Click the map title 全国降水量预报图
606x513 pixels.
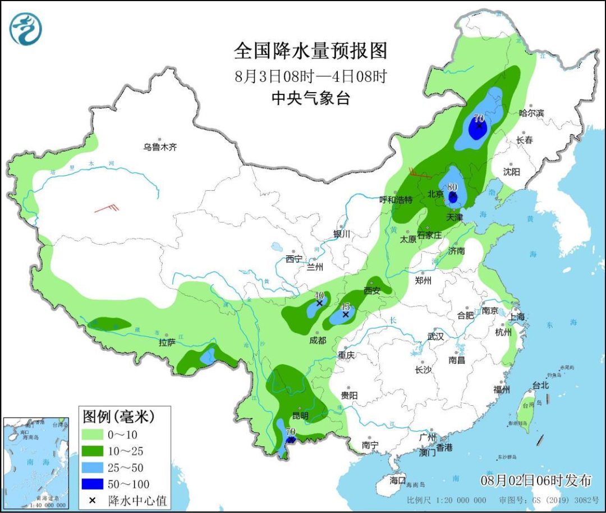[310, 51]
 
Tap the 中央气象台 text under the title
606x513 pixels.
[310, 99]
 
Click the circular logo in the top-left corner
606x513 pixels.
[26, 29]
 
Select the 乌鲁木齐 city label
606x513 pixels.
[160, 148]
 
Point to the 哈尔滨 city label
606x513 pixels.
[531, 113]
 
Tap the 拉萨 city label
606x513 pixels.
[167, 342]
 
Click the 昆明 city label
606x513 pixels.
[300, 416]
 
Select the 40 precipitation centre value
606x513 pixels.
[319, 295]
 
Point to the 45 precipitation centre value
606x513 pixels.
[345, 306]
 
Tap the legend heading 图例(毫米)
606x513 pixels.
[118, 417]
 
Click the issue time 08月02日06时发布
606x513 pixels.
[536, 481]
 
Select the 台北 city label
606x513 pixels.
[540, 386]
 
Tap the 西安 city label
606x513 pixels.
[372, 291]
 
